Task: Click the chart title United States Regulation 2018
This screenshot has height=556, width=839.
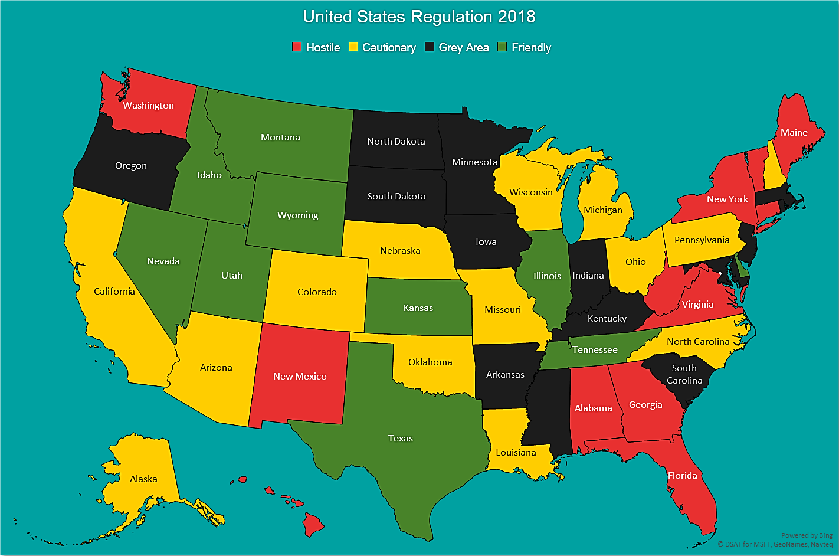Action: click(x=419, y=17)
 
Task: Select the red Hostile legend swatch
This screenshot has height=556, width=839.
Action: click(x=297, y=47)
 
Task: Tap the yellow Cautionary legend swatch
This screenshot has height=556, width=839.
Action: click(x=353, y=47)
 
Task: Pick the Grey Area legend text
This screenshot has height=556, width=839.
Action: click(x=463, y=48)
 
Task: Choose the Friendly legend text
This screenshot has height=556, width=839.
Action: click(x=531, y=48)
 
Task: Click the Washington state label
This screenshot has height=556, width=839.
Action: click(x=148, y=106)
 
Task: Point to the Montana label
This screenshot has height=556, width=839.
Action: click(x=280, y=138)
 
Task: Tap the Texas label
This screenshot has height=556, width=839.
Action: click(x=400, y=439)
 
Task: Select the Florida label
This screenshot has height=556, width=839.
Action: click(x=682, y=476)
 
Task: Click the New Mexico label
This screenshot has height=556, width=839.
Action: click(x=300, y=377)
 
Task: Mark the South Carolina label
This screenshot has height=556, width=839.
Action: click(x=684, y=374)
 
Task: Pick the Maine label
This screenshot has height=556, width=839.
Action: click(x=794, y=133)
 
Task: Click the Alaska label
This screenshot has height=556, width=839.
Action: click(x=143, y=479)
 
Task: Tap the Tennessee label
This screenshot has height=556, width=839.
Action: click(x=595, y=350)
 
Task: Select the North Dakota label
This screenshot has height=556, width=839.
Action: click(x=396, y=142)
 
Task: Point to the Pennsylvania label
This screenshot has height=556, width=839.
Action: click(x=702, y=240)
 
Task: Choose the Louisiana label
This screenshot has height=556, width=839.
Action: click(x=516, y=453)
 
